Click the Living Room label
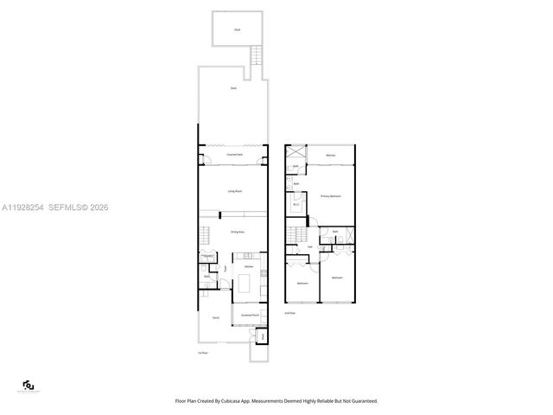233,190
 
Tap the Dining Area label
234,232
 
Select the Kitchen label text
248,267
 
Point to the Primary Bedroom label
331,196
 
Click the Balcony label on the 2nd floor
331,155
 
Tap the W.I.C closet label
296,203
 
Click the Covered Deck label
233,155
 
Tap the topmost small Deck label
237,30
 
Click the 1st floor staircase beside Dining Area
205,236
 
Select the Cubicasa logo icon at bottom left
28,386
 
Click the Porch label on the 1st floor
215,318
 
